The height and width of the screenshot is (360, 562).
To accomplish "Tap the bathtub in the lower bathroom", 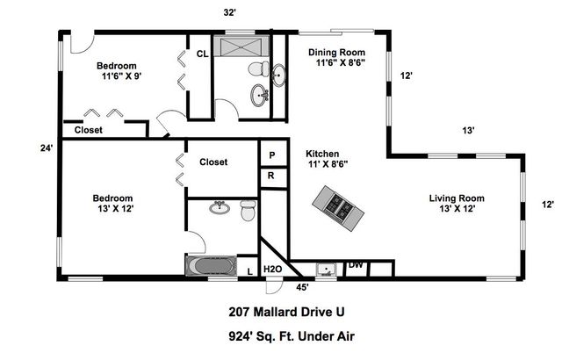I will click(211, 265).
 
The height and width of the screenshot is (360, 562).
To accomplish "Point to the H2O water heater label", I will click(274, 269).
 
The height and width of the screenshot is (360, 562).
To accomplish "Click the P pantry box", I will click(272, 154).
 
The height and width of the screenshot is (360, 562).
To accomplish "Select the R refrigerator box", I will click(272, 175).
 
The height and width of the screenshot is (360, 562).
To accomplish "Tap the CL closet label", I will click(201, 54).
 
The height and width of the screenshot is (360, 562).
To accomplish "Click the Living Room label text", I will click(456, 198).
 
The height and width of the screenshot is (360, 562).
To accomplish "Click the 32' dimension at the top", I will click(231, 12).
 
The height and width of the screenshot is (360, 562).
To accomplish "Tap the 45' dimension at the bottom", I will click(302, 286).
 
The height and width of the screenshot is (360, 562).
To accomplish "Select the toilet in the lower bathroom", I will click(247, 211).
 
